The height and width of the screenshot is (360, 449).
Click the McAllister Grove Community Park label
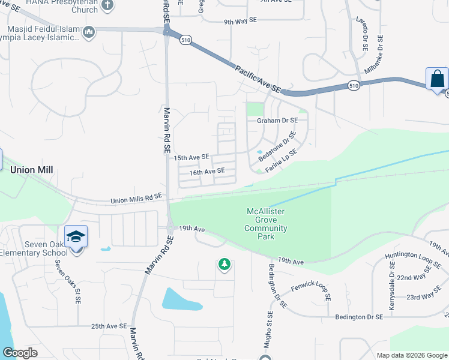(x=266, y=224)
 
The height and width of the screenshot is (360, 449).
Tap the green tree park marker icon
(x=224, y=264)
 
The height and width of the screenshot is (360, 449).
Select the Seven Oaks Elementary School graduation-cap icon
(x=76, y=236)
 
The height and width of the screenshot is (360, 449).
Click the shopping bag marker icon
(x=437, y=79)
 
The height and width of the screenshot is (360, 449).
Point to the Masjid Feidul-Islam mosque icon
(x=89, y=32)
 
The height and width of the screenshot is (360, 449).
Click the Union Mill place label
(x=32, y=170)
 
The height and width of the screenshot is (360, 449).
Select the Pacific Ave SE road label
(x=258, y=79)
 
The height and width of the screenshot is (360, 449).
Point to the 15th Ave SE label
(x=191, y=157)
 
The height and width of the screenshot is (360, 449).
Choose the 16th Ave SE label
(x=207, y=172)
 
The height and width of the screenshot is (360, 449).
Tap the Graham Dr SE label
(x=277, y=120)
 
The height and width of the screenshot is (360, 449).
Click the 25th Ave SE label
(x=109, y=326)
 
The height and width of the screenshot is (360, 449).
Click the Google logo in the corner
(x=20, y=353)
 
